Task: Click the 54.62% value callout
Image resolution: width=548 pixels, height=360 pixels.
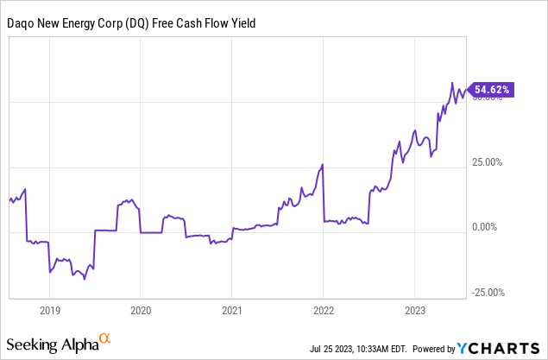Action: [x=492, y=88]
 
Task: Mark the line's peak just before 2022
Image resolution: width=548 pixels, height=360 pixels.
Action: [x=322, y=164]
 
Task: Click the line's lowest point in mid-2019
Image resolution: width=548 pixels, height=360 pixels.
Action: [x=85, y=280]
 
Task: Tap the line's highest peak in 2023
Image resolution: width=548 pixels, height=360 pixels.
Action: [x=452, y=83]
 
